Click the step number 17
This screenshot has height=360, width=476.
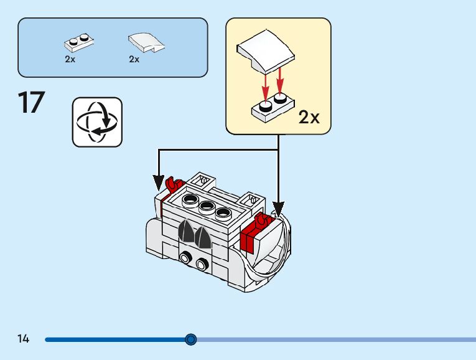[x=32, y=103]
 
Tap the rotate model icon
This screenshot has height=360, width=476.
[x=97, y=121]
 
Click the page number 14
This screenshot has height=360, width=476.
[x=23, y=339]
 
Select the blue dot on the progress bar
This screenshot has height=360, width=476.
[x=191, y=339]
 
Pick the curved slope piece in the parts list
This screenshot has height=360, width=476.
[x=144, y=42]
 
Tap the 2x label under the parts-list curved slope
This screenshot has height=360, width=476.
[x=134, y=59]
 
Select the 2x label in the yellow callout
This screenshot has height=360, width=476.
[x=309, y=116]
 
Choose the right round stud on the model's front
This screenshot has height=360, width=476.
[x=202, y=265]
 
